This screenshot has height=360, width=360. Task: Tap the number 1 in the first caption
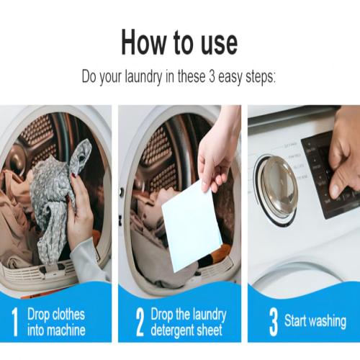(x=14, y=321)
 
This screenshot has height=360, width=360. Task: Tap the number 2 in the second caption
(x=139, y=321)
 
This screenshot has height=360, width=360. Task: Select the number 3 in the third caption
(x=273, y=321)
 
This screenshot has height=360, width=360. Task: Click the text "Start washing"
(x=315, y=322)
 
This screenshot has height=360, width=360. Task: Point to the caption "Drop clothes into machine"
(x=56, y=322)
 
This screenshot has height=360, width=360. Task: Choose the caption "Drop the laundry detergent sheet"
(x=188, y=322)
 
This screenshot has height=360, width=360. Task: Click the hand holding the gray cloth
(x=81, y=216)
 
